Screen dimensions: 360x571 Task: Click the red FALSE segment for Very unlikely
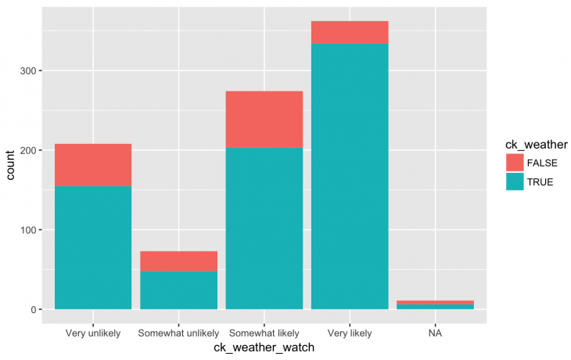[x=93, y=164]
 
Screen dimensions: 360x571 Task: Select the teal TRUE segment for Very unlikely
[x=93, y=247]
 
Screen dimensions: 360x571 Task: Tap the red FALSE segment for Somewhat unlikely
[x=178, y=261]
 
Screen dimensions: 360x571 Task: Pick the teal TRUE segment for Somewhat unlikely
[x=178, y=290]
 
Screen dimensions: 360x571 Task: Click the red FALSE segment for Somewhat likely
[x=264, y=119]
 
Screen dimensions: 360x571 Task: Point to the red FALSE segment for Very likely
[x=350, y=32]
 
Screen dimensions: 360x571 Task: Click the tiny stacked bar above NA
[x=435, y=304]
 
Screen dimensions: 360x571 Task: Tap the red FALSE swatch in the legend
[x=515, y=163]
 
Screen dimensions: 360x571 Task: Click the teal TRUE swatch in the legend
[x=515, y=182]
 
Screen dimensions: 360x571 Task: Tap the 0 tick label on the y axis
[x=39, y=310]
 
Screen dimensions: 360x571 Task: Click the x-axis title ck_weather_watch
[x=264, y=348]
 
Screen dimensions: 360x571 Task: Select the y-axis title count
[x=11, y=165]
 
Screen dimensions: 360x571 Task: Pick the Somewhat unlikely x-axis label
[x=178, y=333]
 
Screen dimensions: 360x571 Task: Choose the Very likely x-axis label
[x=350, y=333]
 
